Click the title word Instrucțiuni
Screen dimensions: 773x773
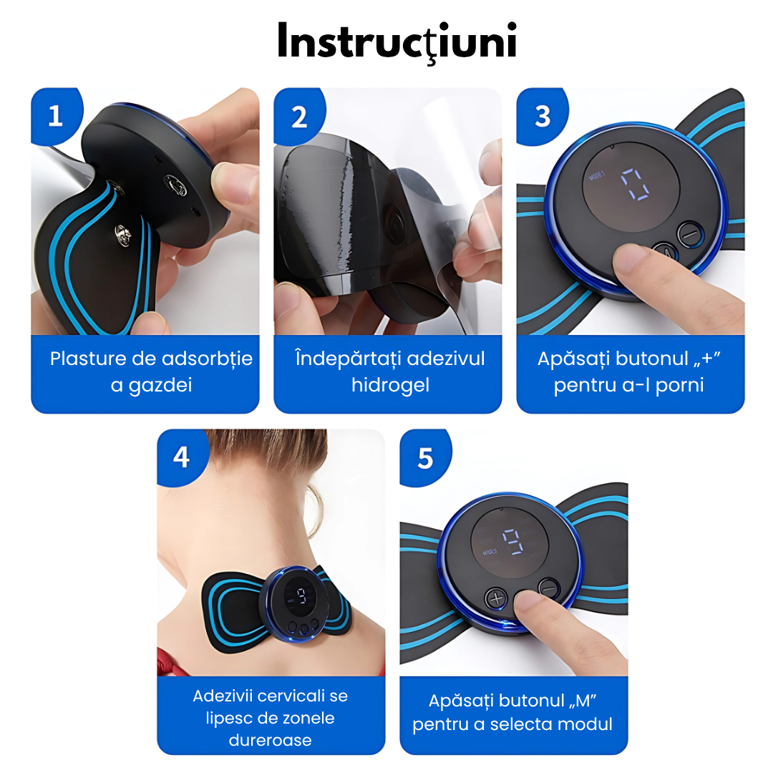pyautogui.click(x=397, y=42)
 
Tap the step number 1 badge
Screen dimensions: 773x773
pyautogui.click(x=56, y=116)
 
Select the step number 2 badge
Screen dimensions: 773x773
pyautogui.click(x=298, y=117)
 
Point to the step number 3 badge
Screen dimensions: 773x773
pyautogui.click(x=542, y=117)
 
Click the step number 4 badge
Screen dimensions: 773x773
pyautogui.click(x=181, y=457)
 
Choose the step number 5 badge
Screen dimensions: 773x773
pyautogui.click(x=425, y=458)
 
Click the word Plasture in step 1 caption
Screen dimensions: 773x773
pyautogui.click(x=88, y=359)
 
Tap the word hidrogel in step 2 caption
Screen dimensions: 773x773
pyautogui.click(x=390, y=386)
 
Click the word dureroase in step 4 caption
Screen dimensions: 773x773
pyautogui.click(x=270, y=740)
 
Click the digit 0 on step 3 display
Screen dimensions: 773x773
pyautogui.click(x=635, y=185)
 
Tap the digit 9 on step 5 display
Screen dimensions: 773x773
pyautogui.click(x=512, y=542)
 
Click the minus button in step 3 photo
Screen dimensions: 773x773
pyautogui.click(x=690, y=233)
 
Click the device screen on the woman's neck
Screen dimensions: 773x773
pyautogui.click(x=300, y=597)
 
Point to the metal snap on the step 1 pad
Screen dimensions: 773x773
pyautogui.click(x=122, y=235)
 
